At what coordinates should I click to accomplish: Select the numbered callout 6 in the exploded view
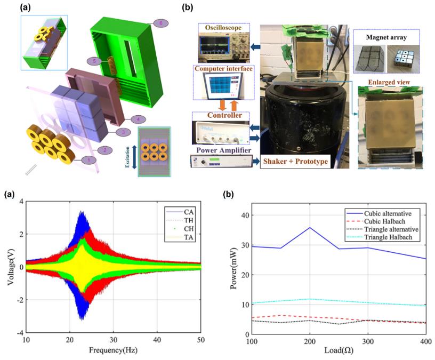click(159, 22)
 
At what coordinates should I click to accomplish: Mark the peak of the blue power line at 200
click(310, 228)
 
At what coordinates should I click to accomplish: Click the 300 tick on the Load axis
click(367, 341)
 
